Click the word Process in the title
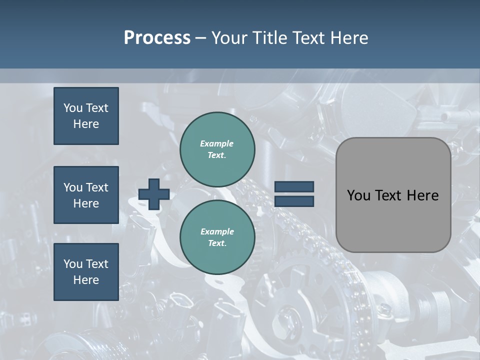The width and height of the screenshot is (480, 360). (157, 38)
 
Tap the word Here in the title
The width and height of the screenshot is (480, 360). (348, 38)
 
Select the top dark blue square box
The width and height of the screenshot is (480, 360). (86, 116)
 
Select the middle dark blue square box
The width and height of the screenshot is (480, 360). (86, 195)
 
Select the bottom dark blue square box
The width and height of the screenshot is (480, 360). (86, 272)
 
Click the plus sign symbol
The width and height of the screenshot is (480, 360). (154, 194)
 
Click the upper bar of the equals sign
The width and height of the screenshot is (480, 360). (294, 187)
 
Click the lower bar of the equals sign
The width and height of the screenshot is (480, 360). (294, 201)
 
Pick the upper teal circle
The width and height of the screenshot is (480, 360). (217, 149)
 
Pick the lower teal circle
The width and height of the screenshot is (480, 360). (217, 237)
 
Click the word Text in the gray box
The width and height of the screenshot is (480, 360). (388, 195)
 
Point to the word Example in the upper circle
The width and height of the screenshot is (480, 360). (217, 143)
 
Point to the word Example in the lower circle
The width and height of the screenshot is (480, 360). (217, 231)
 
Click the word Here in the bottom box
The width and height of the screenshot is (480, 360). (86, 280)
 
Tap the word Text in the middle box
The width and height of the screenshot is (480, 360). (97, 187)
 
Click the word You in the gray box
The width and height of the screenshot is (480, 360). (358, 195)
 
